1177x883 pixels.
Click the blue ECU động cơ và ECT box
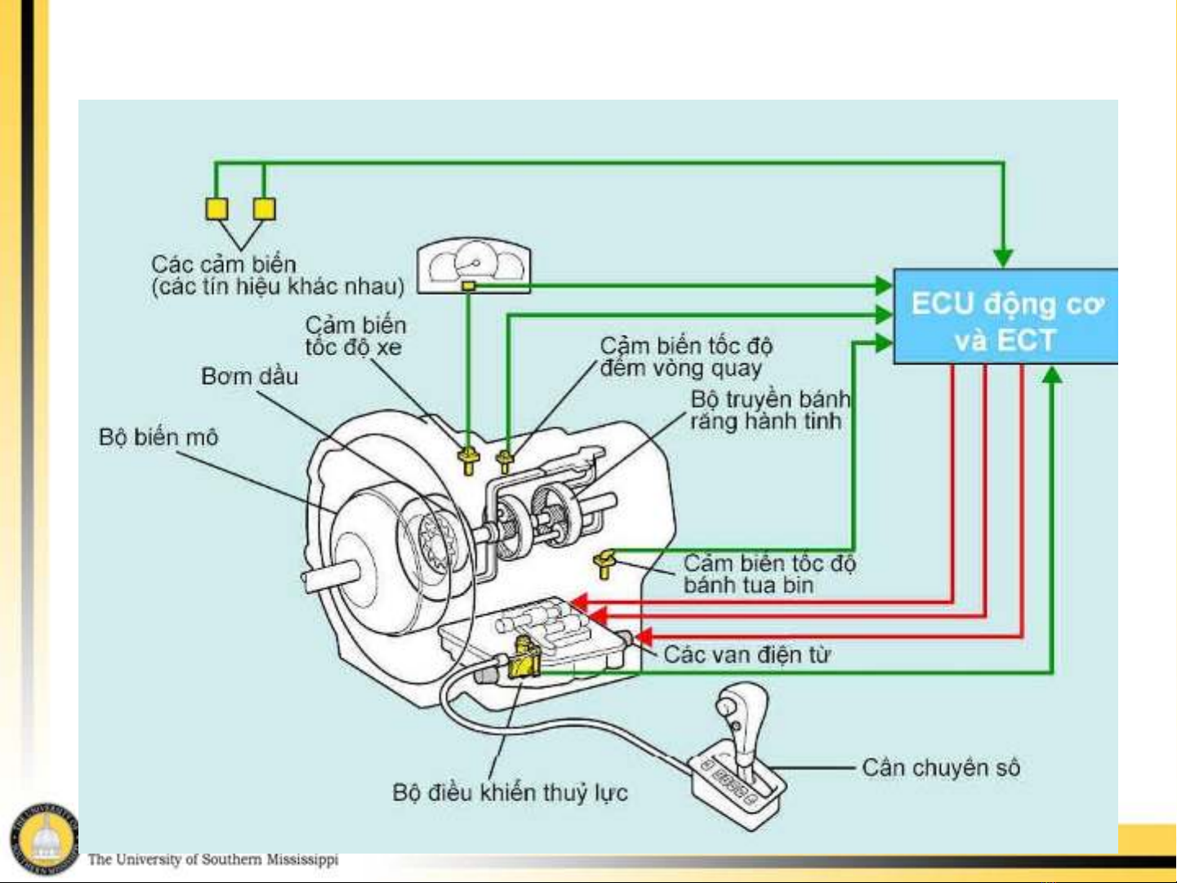coord(1005,317)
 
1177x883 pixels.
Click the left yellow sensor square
coord(216,209)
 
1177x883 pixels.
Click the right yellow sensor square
coord(264,209)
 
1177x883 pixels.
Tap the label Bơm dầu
coord(250,377)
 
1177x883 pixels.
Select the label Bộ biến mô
coord(158,437)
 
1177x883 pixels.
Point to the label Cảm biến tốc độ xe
coord(355,337)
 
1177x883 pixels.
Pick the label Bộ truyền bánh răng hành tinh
coord(769,410)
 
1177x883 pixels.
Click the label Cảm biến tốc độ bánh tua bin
coord(769,574)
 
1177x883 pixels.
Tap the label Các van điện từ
coord(747,654)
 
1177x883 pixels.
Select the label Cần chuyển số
coord(941,768)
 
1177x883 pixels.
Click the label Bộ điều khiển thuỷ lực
coord(510,792)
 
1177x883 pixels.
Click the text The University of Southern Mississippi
coord(212,859)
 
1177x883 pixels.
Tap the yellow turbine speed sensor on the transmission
coord(604,563)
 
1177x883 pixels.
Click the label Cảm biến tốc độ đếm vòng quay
coord(686,357)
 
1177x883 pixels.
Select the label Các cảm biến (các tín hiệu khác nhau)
coord(278,275)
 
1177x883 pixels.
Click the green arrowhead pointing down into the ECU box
coord(1003,259)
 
